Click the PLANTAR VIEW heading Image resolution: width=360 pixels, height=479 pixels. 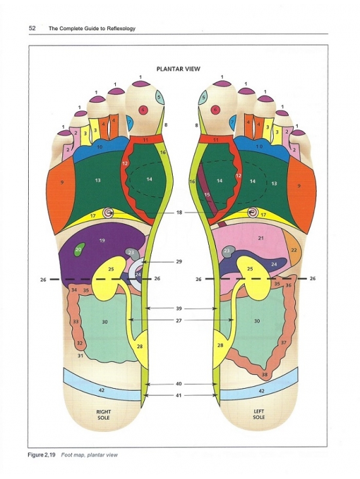(x=178, y=69)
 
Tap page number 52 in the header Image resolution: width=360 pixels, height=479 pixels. (x=32, y=28)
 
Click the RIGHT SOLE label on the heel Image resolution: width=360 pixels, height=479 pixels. (x=103, y=414)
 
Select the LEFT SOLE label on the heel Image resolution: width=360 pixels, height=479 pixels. (x=259, y=414)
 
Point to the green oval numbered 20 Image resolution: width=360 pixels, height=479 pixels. (x=79, y=249)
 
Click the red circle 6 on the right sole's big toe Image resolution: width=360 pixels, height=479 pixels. (x=143, y=110)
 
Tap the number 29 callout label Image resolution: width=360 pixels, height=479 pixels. (x=179, y=262)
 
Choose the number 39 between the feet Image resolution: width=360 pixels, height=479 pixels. (x=179, y=309)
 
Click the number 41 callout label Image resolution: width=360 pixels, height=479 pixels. (x=179, y=395)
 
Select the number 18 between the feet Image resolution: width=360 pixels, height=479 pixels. (x=179, y=212)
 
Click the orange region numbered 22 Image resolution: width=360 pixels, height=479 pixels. (x=293, y=248)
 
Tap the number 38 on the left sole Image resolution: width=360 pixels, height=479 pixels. (x=264, y=374)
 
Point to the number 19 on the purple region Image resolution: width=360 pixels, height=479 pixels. (x=102, y=240)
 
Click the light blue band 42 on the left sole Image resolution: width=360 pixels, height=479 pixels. (x=259, y=391)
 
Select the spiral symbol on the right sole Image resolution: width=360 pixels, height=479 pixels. (x=108, y=212)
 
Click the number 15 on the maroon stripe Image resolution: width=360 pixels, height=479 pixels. (x=207, y=194)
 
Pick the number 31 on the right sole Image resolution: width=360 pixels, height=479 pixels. (x=81, y=356)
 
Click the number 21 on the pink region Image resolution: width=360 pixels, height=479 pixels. (x=261, y=238)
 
